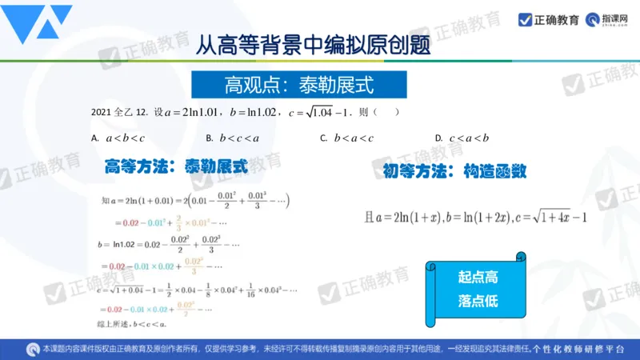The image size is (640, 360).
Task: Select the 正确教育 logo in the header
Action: [549, 20]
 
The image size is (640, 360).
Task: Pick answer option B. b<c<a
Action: [232, 138]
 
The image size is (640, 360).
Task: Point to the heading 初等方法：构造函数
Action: [453, 170]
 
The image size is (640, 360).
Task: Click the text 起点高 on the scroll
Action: [478, 278]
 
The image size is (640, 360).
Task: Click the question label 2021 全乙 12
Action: [120, 113]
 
